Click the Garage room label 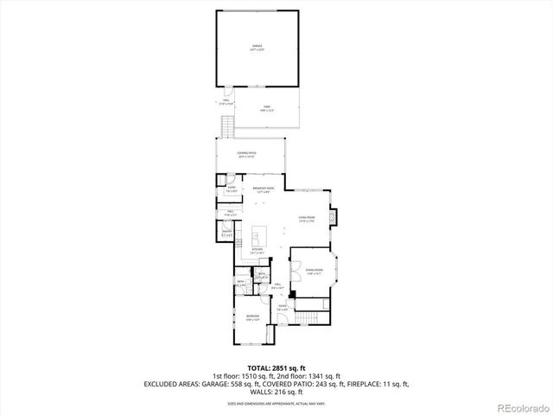click(257, 47)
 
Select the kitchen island click(258, 235)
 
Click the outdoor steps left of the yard click(228, 128)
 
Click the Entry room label click(232, 188)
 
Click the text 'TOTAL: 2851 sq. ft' click(276, 368)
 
